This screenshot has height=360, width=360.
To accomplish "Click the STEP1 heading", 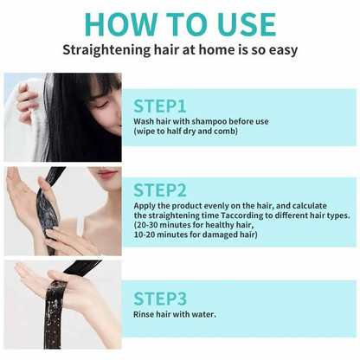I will tap(160, 106).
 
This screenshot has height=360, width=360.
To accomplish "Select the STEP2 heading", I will tap(162, 190).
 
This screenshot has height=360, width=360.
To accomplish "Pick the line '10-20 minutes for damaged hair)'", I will tap(196, 235).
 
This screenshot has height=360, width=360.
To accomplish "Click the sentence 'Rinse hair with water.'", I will tap(175, 314).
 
